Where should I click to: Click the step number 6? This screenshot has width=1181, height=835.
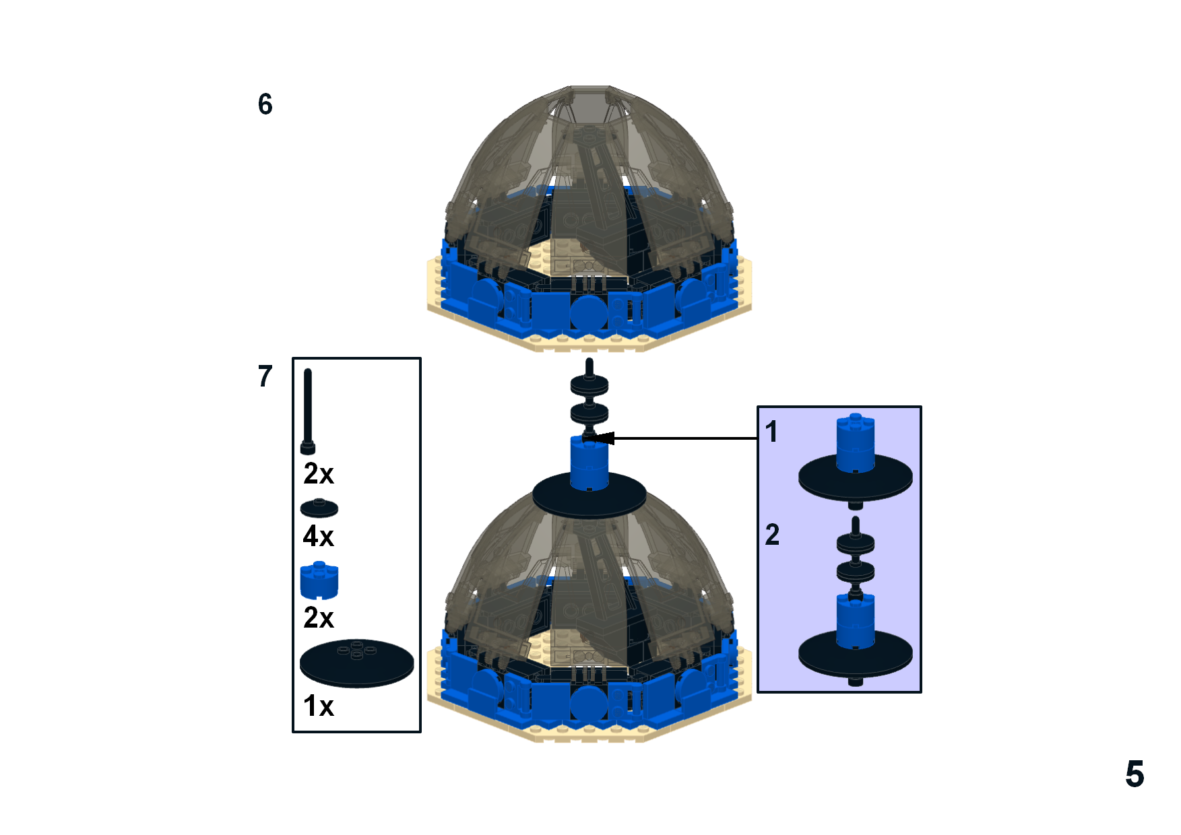coord(265,104)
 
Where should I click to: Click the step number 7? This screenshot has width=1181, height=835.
coord(265,376)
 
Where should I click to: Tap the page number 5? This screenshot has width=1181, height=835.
coord(1135,774)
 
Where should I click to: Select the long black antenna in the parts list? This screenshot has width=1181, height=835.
coord(308,411)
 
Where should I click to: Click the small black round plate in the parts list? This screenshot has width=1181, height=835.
coord(319,508)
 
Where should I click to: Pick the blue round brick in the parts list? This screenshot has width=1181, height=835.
coord(319,580)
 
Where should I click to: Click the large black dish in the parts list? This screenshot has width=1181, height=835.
coord(357,663)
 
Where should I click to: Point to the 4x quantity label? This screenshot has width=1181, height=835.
coord(319,537)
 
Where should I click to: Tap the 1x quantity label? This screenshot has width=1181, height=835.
coord(319,706)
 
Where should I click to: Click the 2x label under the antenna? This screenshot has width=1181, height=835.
coord(319,474)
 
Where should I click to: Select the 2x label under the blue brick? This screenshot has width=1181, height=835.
coord(319,617)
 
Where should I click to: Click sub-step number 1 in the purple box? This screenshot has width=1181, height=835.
coord(771,432)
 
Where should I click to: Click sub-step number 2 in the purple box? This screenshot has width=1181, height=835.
coord(772,535)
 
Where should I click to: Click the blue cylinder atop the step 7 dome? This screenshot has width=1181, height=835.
coord(589,463)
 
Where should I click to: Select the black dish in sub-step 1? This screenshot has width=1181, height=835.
coord(856,479)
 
